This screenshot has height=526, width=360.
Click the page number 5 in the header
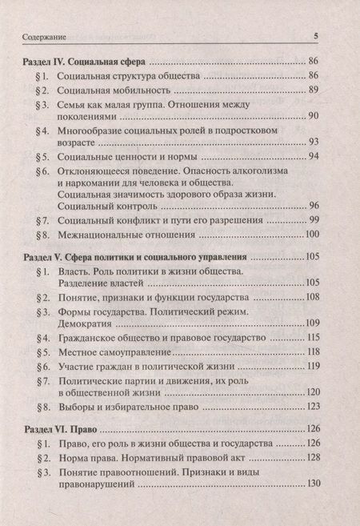click(316, 36)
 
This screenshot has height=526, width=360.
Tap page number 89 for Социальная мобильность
click(313, 90)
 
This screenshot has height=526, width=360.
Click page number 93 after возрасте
click(313, 142)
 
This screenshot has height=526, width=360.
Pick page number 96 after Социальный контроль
click(313, 205)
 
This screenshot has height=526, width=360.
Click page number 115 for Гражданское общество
click(311, 339)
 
